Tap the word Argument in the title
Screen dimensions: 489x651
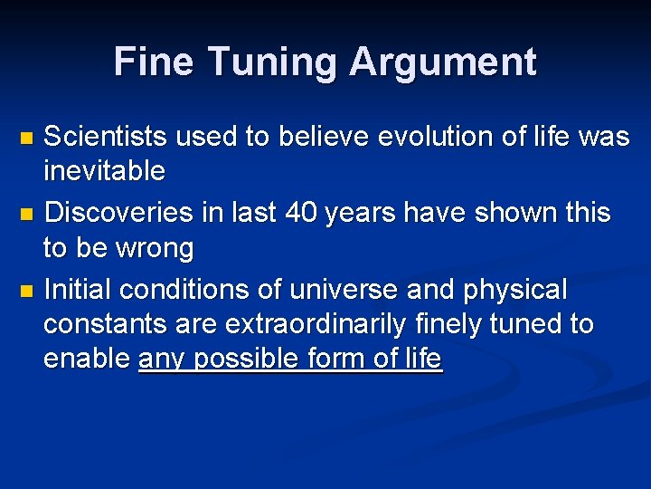[x=443, y=62]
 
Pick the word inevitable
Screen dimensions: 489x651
[x=104, y=170]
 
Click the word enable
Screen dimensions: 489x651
[x=86, y=359]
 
